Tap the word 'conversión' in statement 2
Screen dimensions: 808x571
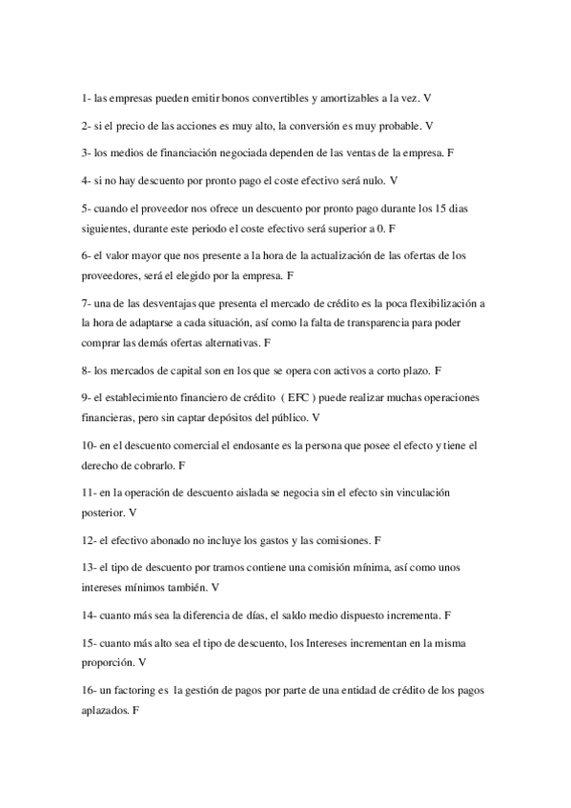click(x=312, y=125)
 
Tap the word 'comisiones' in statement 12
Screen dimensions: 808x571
click(x=338, y=540)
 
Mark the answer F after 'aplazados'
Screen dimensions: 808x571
click(x=137, y=710)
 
